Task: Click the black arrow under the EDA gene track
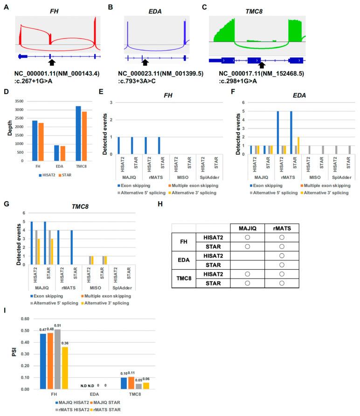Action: point(145,62)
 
